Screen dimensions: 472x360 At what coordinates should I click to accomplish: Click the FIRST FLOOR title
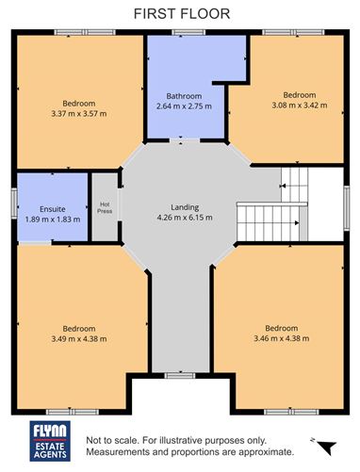180,13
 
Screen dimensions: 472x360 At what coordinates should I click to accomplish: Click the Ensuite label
52,208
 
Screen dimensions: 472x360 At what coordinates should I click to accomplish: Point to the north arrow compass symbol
327,446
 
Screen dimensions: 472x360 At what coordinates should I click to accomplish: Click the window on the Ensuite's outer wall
14,206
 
